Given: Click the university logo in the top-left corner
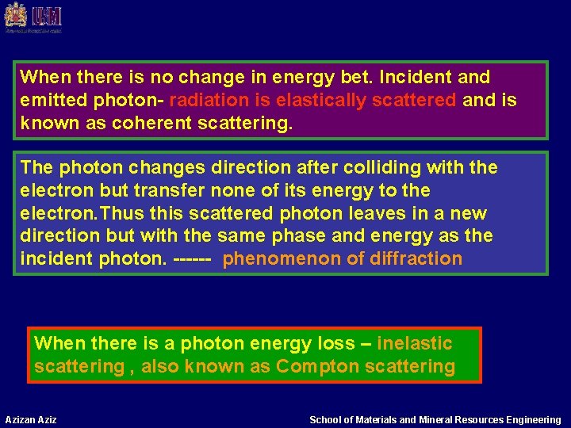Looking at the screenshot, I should click(x=33, y=17).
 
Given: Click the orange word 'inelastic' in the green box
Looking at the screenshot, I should click(x=414, y=344).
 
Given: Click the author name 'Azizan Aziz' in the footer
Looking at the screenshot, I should click(x=31, y=419).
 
